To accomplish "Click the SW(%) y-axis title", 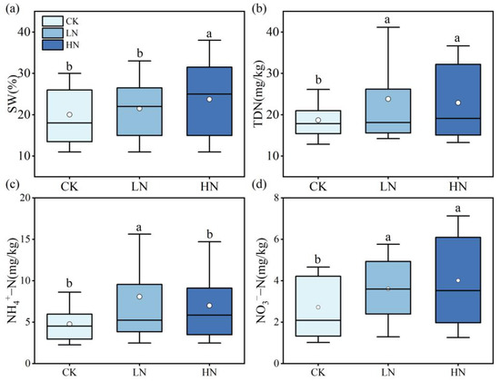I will tap(13, 87).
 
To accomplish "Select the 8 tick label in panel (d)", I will tap(294, 198).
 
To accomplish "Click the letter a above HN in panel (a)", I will tap(209, 34).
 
